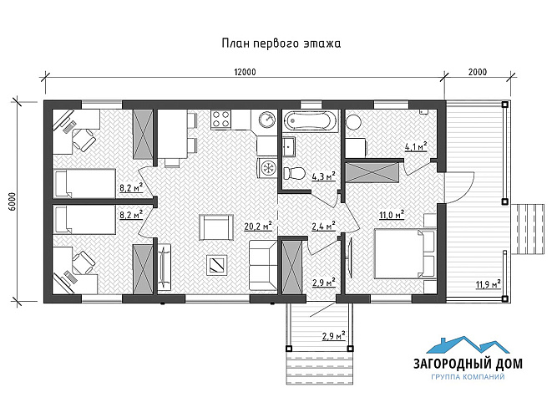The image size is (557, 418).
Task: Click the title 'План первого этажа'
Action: pyautogui.click(x=281, y=43)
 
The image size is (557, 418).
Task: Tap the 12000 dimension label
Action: pyautogui.click(x=245, y=72)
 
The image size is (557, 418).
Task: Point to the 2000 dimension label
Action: pyautogui.click(x=478, y=72)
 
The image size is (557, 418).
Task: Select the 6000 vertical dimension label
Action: pyautogui.click(x=13, y=202)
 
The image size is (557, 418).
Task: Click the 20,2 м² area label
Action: pyautogui.click(x=258, y=226)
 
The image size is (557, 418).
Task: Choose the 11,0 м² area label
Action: pyautogui.click(x=392, y=215)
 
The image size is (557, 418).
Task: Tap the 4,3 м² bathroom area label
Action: pyautogui.click(x=324, y=176)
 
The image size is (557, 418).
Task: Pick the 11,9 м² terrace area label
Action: pyautogui.click(x=489, y=284)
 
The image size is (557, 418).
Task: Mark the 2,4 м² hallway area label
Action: pyautogui.click(x=324, y=226)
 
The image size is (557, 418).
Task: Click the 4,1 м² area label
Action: pyautogui.click(x=416, y=146)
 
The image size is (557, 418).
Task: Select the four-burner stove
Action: pyautogui.click(x=220, y=120)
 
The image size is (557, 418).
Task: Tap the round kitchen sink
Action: pyautogui.click(x=266, y=120)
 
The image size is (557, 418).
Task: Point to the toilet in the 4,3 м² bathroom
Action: pyautogui.click(x=295, y=174)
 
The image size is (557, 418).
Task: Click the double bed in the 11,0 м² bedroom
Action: pyautogui.click(x=405, y=253)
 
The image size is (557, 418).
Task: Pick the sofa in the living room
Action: pyautogui.click(x=262, y=265)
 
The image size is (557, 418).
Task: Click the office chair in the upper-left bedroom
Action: pyautogui.click(x=84, y=140)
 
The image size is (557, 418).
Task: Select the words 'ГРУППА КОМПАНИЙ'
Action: pyautogui.click(x=468, y=377)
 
